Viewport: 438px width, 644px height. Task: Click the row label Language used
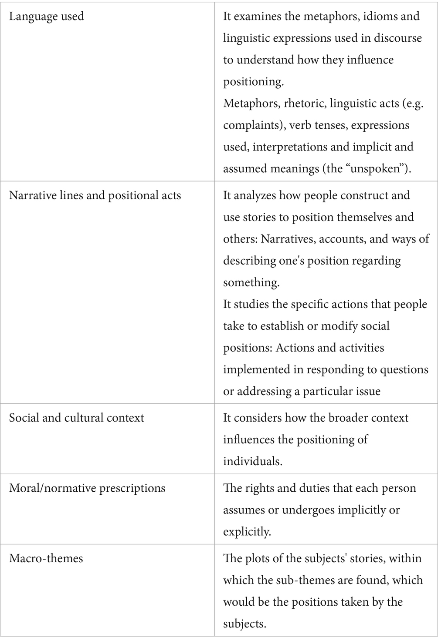pos(47,17)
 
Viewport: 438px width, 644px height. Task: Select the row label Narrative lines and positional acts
pos(95,195)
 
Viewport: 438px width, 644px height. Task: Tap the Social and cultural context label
pos(76,418)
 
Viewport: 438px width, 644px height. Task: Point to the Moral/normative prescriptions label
pos(87,488)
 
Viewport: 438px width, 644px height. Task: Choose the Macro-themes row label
pos(46,558)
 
